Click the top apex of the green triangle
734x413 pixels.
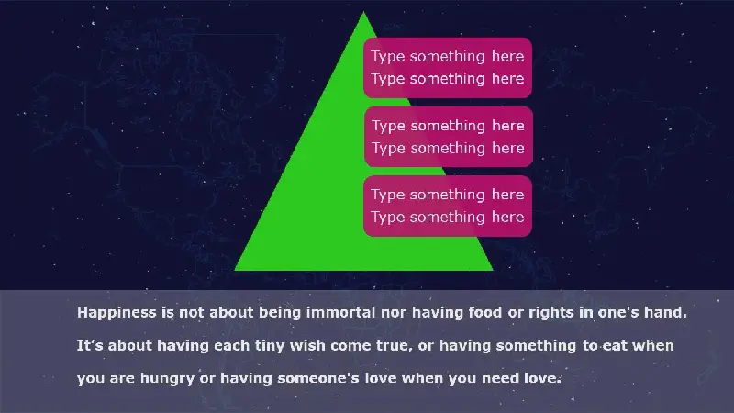tap(363, 12)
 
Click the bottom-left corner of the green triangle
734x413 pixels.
tap(235, 270)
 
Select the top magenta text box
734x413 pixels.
tap(448, 68)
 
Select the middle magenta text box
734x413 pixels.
tap(449, 137)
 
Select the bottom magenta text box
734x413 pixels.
tap(448, 206)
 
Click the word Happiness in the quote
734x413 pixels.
tap(117, 313)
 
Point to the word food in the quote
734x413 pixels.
tap(485, 312)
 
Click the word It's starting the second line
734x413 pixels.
tap(90, 346)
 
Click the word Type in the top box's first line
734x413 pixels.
tap(388, 57)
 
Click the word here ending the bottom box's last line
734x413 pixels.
tap(508, 217)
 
